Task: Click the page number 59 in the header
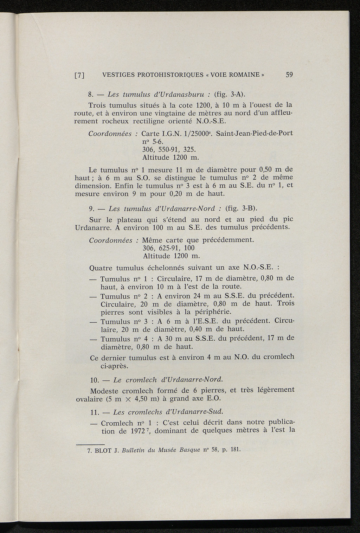(x=290, y=75)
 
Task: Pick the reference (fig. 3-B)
(x=240, y=208)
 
